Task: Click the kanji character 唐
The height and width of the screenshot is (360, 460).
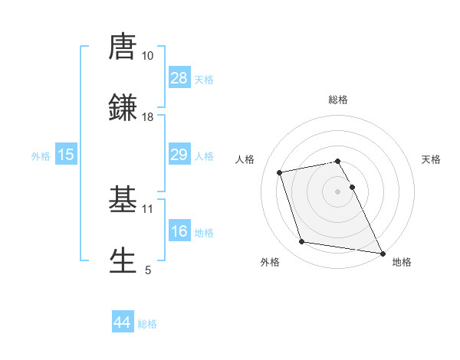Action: pos(123,47)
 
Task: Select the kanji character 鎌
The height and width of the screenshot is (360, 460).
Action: pos(123,107)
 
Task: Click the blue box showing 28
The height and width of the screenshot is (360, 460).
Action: pos(179,77)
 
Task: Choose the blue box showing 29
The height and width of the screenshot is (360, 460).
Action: pos(179,155)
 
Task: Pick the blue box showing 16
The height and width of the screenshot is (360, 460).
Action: pos(179,231)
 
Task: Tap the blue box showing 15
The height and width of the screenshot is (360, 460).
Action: pos(66,155)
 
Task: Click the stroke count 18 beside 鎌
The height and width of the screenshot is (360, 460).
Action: pos(148,117)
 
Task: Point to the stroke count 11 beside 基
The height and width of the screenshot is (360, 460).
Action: pos(148,208)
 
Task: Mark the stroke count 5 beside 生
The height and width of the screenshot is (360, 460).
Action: pos(148,270)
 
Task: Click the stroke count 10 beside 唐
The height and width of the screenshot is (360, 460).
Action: pos(148,56)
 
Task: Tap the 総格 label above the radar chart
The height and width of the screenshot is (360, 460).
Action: pos(338,100)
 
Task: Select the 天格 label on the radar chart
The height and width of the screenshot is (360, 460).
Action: pos(432,159)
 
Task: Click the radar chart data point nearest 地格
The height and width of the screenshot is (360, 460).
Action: pos(382,253)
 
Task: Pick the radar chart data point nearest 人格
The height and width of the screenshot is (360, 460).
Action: pos(280,172)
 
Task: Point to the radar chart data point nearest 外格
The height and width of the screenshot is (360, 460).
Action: pos(302,242)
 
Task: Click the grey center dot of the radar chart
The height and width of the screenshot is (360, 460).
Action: pos(338,191)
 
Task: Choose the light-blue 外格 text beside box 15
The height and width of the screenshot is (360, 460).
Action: pos(41,155)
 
